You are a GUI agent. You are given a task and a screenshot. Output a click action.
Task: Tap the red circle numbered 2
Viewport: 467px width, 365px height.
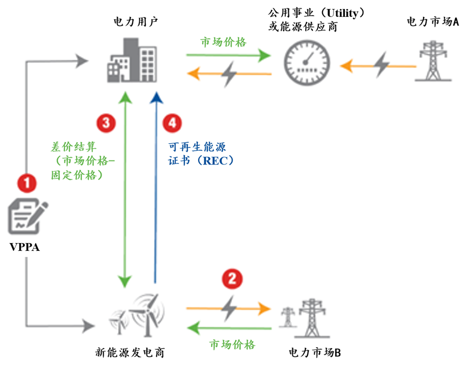(233, 279)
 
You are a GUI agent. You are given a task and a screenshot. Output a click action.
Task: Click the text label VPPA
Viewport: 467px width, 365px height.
(25, 247)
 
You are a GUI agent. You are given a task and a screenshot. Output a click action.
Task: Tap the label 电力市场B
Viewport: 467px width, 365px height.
(314, 353)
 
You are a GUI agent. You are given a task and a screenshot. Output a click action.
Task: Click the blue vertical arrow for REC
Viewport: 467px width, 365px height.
(156, 188)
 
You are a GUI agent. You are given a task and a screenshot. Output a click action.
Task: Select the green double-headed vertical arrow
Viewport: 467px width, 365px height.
(125, 188)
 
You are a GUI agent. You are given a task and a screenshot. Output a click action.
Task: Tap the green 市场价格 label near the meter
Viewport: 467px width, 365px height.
(223, 42)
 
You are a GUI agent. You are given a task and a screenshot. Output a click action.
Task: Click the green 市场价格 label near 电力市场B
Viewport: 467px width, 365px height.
(232, 343)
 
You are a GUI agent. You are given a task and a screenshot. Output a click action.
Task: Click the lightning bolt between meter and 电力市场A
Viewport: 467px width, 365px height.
(382, 63)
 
